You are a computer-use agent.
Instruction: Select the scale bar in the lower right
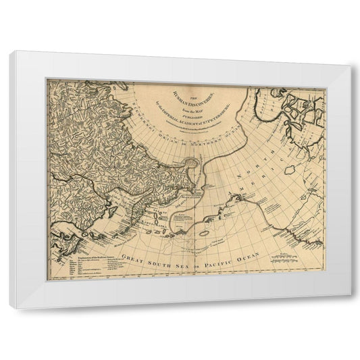(x=290, y=259)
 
